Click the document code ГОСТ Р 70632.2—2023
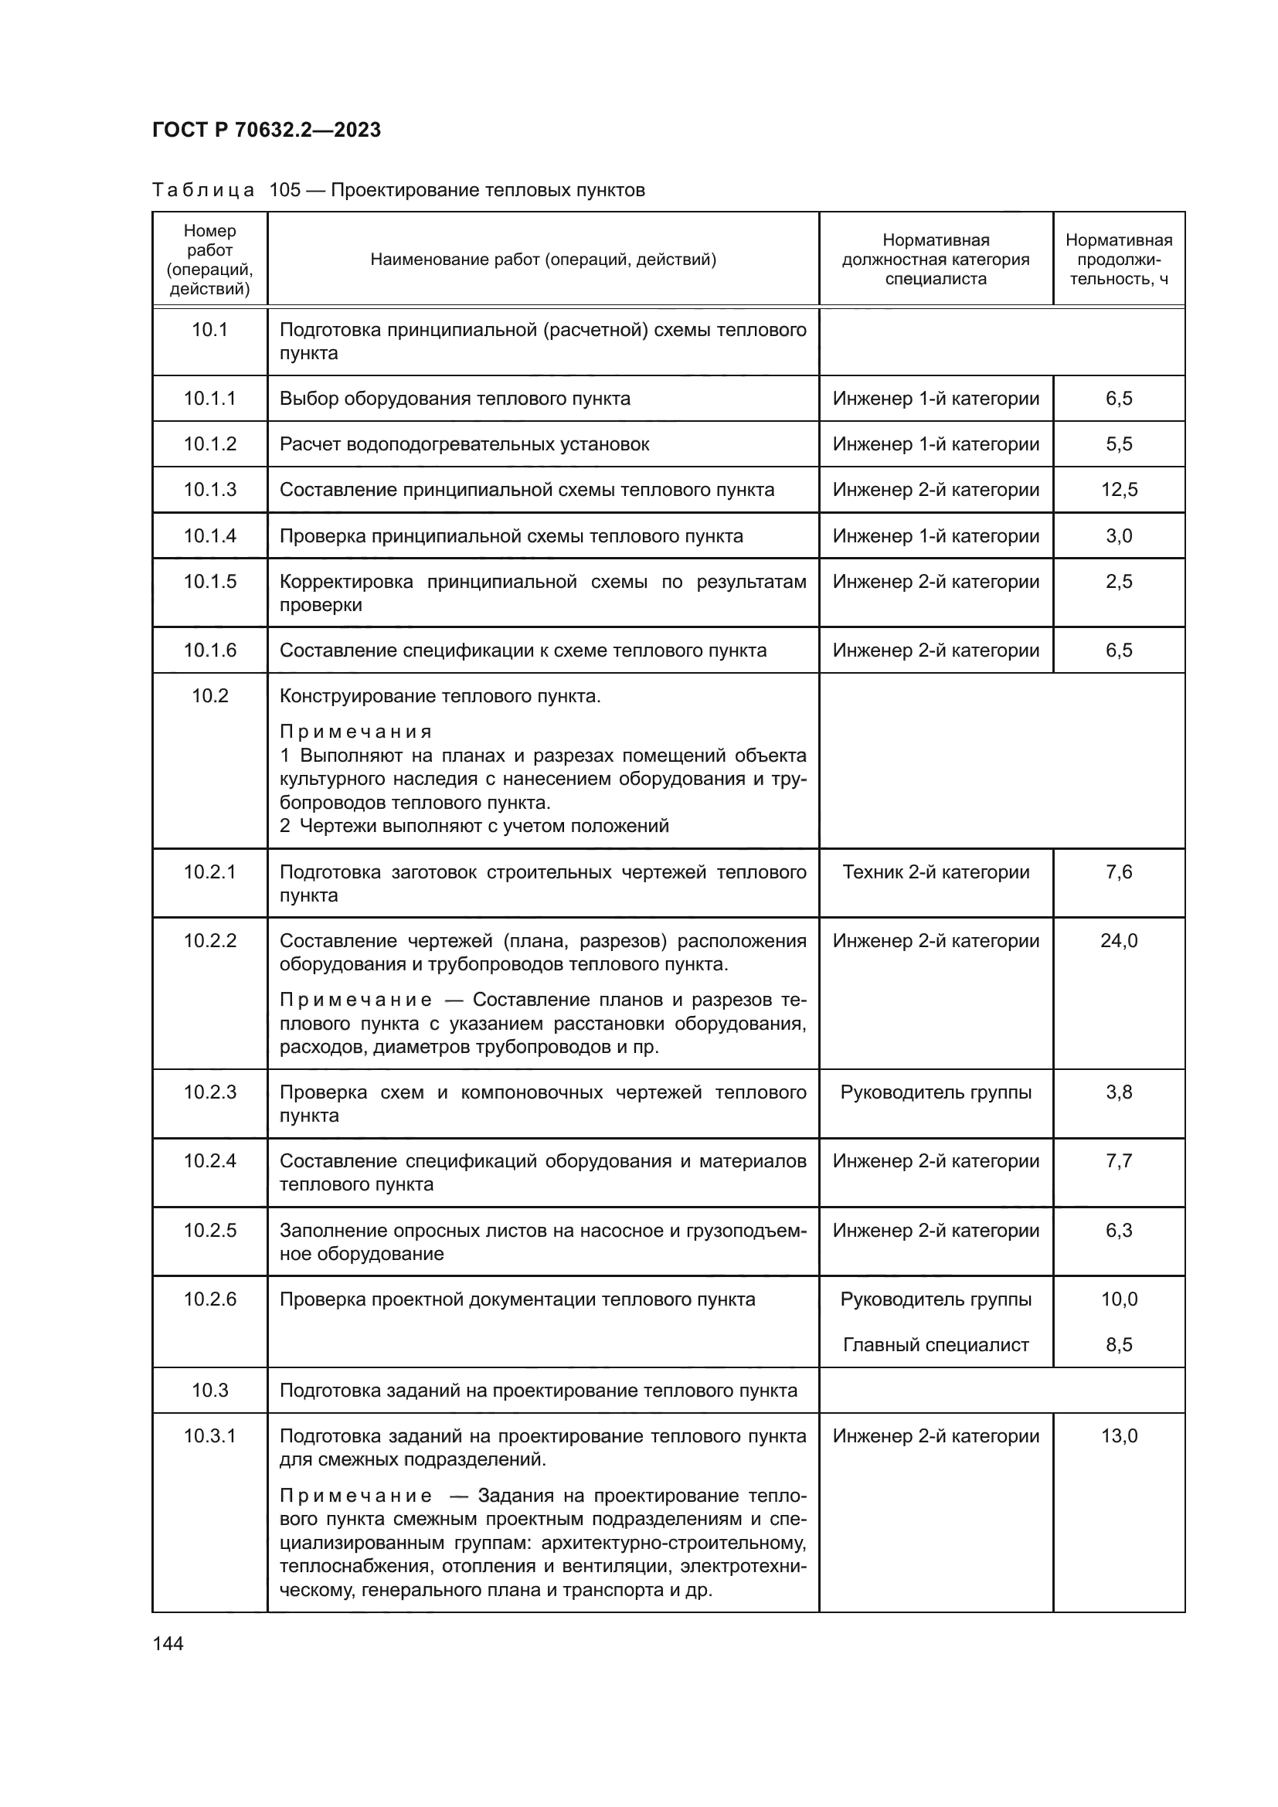pos(266,131)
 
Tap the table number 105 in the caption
pos(285,191)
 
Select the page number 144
pos(168,1643)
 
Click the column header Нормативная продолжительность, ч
pos(1118,260)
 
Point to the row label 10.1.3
pos(210,490)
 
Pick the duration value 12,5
pos(1118,490)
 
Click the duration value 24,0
pos(1118,940)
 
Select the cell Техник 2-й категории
pos(936,872)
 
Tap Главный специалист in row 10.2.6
pos(936,1345)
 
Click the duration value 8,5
pos(1118,1345)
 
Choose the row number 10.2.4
pos(210,1161)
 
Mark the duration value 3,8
pos(1118,1092)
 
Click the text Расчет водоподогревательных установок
pos(464,444)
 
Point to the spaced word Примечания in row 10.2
pos(355,732)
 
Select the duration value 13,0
pos(1118,1436)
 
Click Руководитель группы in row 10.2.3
pos(936,1092)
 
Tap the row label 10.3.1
pos(210,1436)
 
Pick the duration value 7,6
pos(1118,872)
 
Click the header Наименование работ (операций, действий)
pos(543,260)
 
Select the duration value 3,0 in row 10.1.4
pos(1118,536)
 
